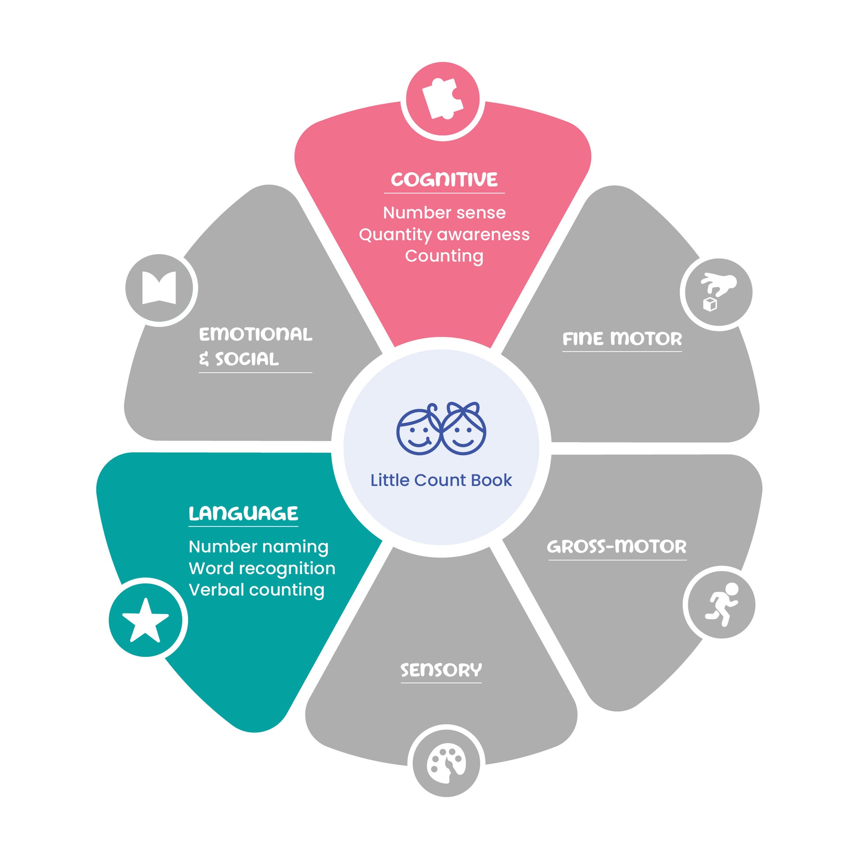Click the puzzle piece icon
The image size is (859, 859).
pos(442,98)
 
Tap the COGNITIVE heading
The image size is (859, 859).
pos(444,180)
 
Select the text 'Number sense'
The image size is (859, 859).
pos(444,212)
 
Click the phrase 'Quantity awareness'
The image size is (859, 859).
pos(444,235)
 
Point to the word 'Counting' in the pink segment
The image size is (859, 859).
pos(444,256)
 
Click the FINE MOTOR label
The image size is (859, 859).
pos(622,339)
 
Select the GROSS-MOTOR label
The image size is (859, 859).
pos(617,546)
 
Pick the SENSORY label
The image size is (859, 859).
pos(441,670)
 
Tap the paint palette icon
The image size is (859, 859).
pos(446,763)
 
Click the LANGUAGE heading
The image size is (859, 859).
pos(243,513)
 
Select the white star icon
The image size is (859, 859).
pos(145,620)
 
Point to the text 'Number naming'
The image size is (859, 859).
pos(258,547)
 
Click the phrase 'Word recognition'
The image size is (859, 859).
pos(262,568)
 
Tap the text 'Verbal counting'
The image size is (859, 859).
pos(256,590)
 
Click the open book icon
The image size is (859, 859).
pos(159,288)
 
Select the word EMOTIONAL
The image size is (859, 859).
pos(256,334)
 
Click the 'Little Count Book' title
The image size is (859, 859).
pos(441,480)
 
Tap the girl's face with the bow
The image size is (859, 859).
pos(463,428)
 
